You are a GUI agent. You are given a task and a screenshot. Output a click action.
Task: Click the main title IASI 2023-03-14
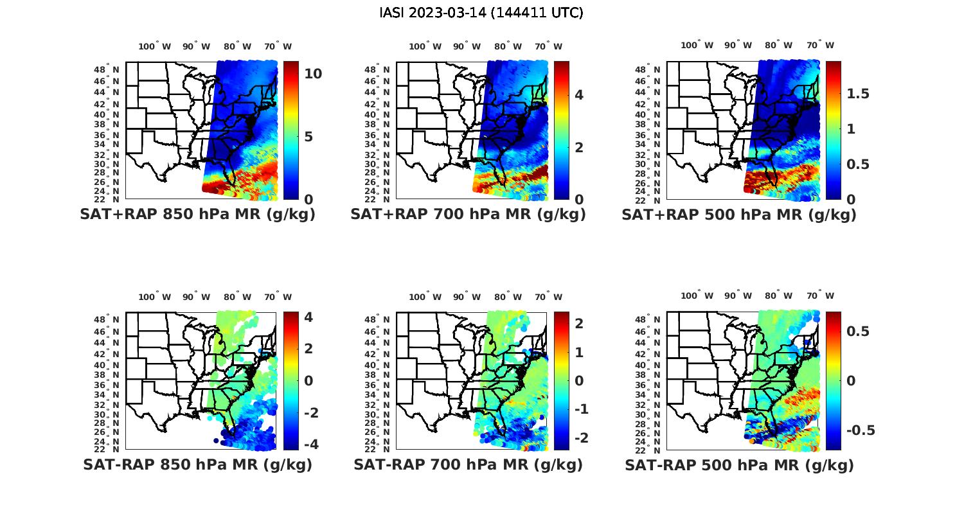[x=481, y=13]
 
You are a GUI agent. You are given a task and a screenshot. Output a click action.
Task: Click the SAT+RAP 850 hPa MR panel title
[x=198, y=215]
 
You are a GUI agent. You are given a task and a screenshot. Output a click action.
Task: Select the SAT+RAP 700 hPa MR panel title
[x=468, y=215]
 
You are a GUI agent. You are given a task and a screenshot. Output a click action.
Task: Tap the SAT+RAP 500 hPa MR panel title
[x=739, y=215]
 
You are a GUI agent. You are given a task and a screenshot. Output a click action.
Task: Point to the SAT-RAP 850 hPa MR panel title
[x=198, y=464]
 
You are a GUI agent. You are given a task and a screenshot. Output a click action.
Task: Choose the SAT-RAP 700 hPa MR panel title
[x=468, y=464]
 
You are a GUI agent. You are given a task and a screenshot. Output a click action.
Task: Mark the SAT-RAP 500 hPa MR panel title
[x=739, y=464]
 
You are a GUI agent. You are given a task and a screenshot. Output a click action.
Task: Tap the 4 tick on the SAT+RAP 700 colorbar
[x=579, y=95]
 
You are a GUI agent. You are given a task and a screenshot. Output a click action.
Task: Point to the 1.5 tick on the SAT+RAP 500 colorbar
[x=858, y=94]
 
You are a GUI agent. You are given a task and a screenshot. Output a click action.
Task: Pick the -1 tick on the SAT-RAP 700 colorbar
[x=578, y=409]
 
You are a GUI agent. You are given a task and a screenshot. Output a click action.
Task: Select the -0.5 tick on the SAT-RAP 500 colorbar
[x=861, y=430]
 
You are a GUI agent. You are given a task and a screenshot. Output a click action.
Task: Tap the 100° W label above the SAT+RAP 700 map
[x=425, y=46]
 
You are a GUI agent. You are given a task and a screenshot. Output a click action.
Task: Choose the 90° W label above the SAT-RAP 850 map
[x=196, y=297]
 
